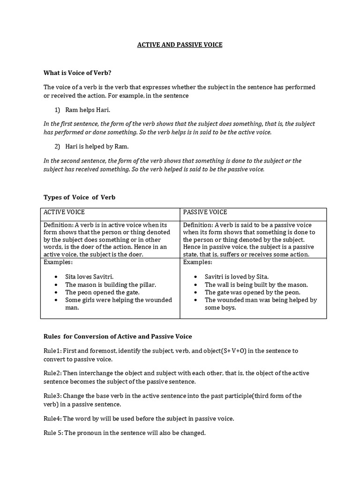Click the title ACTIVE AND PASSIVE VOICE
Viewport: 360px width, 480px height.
tap(180, 45)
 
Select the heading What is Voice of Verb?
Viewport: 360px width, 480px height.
tap(77, 73)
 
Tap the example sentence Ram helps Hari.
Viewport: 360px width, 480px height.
tap(88, 110)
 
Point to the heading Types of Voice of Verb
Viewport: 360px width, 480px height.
tap(79, 197)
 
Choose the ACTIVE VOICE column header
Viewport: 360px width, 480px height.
tap(64, 212)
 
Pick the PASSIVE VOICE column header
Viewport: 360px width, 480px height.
tap(205, 212)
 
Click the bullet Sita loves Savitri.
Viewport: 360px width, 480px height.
tap(89, 277)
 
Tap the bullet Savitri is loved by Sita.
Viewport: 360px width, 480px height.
tap(237, 277)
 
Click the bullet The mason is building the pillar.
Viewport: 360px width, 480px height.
tap(110, 285)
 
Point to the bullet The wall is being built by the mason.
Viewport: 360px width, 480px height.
tap(256, 285)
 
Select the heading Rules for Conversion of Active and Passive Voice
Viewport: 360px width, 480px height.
tap(118, 337)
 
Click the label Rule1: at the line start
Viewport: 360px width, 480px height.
tap(51, 351)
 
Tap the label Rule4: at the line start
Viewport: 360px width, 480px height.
tap(51, 418)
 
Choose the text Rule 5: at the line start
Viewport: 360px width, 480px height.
tap(52, 433)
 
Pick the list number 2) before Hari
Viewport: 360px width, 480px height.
tap(58, 146)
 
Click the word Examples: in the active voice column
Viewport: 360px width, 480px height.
tap(58, 262)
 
